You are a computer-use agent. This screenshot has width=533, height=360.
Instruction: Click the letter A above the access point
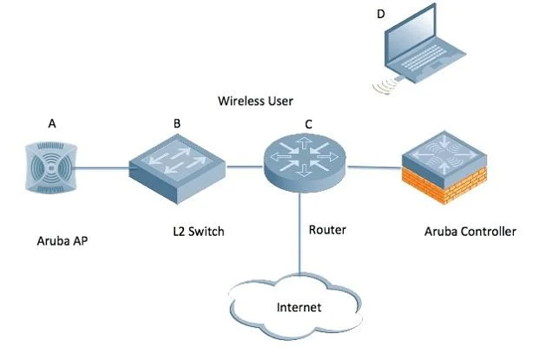coord(52,123)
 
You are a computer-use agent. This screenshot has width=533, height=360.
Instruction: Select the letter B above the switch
coord(177,123)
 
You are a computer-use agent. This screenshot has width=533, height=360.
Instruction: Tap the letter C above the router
coord(308,124)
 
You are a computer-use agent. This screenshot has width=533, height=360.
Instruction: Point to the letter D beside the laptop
coord(381,14)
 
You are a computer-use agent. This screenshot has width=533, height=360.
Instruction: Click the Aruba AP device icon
coord(51,168)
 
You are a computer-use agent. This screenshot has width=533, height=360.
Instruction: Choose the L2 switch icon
coord(177,169)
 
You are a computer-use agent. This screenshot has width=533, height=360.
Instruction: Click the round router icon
coord(305,162)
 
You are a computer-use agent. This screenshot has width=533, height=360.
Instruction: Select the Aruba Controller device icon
coord(444,167)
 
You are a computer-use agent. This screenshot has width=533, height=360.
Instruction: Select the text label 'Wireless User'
coord(255,101)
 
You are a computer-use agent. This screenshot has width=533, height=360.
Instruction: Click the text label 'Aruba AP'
coord(63,241)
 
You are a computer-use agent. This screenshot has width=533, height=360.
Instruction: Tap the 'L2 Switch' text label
coord(199,232)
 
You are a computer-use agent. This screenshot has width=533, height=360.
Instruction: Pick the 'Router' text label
coord(327,230)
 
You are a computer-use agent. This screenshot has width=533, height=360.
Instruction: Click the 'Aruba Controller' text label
coord(470,232)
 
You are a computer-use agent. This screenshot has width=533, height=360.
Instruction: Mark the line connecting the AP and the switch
coord(102,167)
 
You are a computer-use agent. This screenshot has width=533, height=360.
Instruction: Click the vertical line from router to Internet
coord(299,233)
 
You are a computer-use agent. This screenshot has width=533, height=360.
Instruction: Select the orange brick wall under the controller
coord(444,185)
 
